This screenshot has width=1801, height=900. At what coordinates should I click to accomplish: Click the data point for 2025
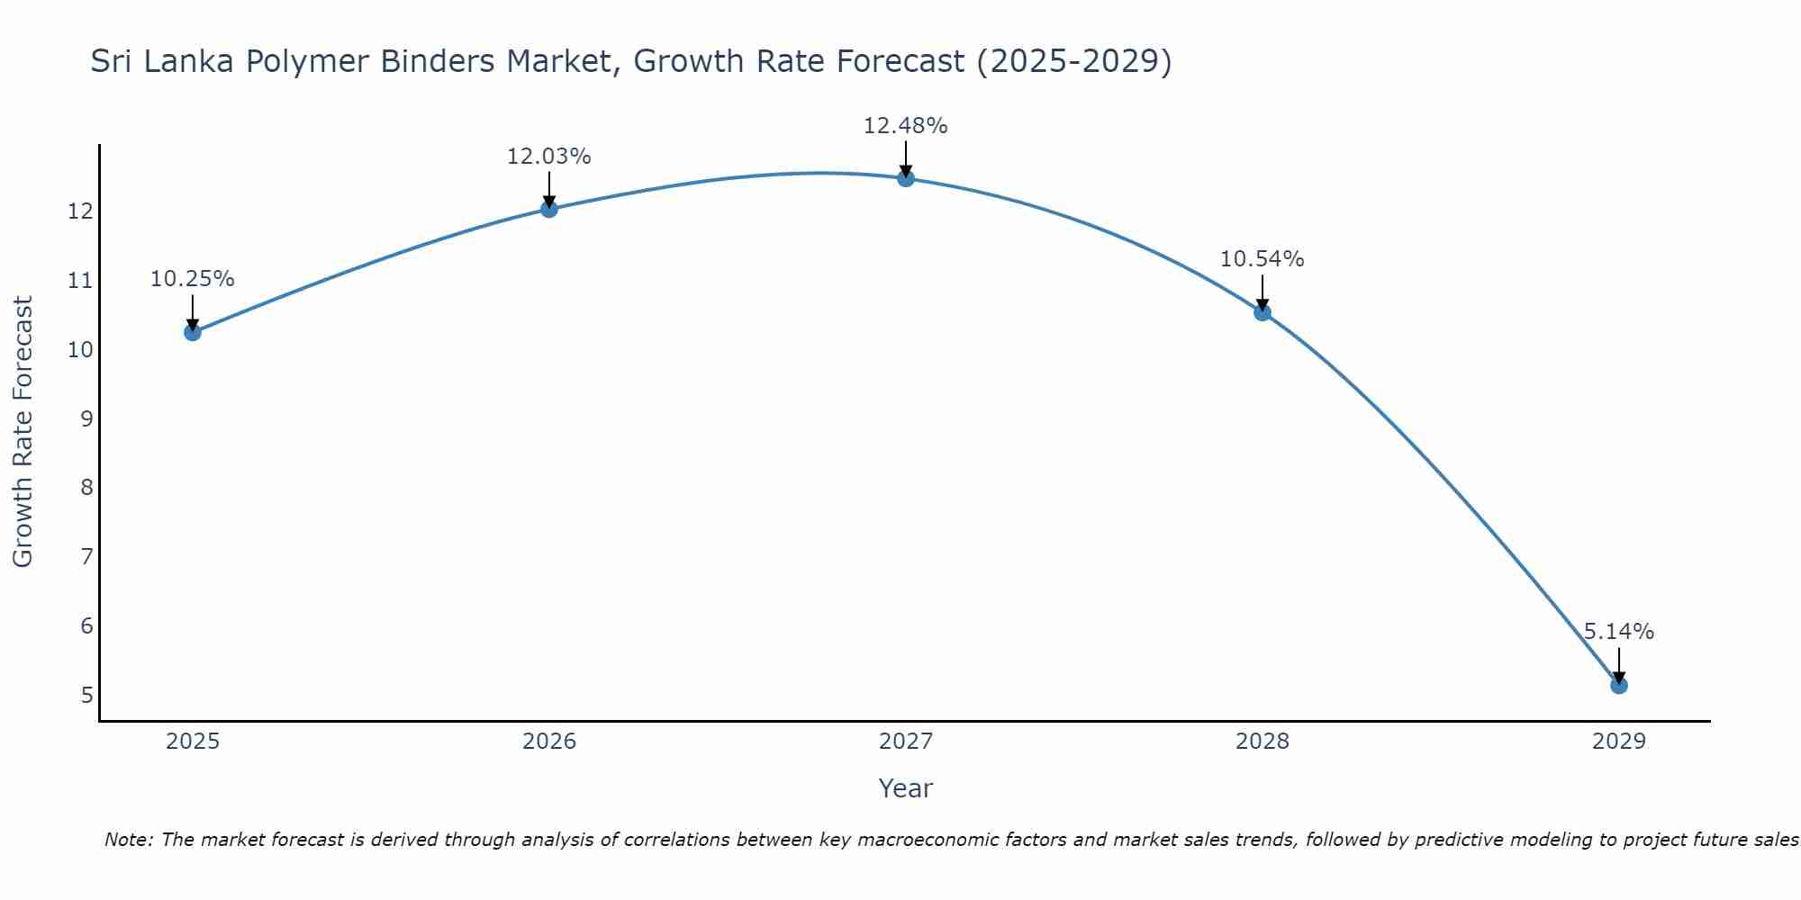click(192, 332)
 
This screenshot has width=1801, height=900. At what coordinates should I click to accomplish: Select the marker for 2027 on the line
click(906, 178)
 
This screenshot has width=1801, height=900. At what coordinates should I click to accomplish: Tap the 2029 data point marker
click(1618, 685)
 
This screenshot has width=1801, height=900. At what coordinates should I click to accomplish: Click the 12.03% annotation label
click(548, 157)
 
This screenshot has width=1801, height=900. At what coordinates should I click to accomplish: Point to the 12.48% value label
click(905, 126)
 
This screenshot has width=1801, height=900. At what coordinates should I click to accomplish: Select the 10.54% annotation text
click(1262, 259)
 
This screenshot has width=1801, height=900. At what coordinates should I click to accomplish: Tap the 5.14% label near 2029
click(1618, 632)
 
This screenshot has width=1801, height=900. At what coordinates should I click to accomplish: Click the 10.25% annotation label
click(192, 279)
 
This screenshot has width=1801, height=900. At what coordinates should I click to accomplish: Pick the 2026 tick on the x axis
click(549, 742)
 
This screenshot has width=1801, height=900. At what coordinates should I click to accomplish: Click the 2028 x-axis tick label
click(1262, 742)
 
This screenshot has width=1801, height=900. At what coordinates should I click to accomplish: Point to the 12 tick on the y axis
click(80, 211)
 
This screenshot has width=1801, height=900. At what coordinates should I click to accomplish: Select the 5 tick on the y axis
click(86, 695)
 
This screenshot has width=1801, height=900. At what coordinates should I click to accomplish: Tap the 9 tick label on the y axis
click(86, 418)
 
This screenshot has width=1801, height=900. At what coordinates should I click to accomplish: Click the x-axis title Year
click(905, 788)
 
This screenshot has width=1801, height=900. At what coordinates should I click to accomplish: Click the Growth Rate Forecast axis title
click(23, 432)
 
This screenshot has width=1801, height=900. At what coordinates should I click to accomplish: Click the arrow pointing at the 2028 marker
click(1262, 293)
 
